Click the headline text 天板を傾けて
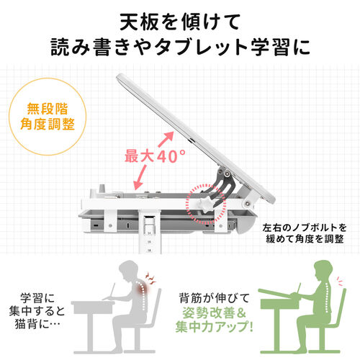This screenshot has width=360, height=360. click(180, 22)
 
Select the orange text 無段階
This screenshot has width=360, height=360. click(48, 109)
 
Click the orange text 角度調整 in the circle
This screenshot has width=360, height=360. click(48, 125)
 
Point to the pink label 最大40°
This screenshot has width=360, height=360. click(155, 156)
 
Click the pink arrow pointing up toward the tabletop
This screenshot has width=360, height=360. click(166, 139)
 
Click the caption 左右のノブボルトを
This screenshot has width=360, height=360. click(305, 228)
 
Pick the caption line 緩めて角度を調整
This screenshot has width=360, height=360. click(305, 239)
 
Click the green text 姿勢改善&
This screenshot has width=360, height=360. click(215, 313)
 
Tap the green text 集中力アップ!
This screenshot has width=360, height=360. click(215, 327)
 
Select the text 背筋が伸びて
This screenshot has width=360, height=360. click(215, 298)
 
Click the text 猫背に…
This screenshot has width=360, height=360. click(37, 325)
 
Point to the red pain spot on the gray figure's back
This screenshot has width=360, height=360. click(143, 287)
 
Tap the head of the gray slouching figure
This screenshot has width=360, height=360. click(129, 271)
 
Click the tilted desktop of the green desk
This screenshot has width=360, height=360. click(279, 294)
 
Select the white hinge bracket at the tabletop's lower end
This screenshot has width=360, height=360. click(250, 199)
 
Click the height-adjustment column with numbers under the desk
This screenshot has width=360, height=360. click(150, 232)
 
